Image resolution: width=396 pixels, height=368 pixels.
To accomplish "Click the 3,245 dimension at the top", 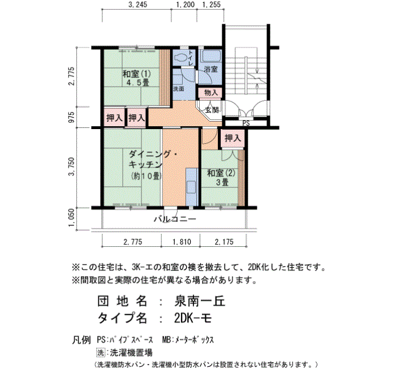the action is point(137,5).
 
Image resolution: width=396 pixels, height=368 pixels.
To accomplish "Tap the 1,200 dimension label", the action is point(186,5).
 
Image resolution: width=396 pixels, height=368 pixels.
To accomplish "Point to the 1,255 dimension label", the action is point(212,5).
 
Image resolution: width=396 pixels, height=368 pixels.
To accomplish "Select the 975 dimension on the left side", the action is point(72,117).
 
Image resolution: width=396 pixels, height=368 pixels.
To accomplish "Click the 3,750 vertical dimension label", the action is point(72,166).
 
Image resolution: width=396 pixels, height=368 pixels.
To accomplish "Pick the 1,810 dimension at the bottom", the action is point(182,242).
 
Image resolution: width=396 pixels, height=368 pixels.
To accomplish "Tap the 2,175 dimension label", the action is point(224,242).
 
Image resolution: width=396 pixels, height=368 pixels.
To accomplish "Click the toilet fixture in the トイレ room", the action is point(181,58).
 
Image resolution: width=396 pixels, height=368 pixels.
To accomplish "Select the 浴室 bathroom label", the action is point(211,69).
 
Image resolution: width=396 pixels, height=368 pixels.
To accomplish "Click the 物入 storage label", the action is point(211,92).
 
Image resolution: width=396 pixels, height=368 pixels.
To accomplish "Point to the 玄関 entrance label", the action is point(212,110).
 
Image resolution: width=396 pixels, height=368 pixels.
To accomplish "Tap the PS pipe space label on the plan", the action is point(246,123).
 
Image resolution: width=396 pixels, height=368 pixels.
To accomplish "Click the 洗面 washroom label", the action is point(179,89).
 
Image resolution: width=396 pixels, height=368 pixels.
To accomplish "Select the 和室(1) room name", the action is point(136,74).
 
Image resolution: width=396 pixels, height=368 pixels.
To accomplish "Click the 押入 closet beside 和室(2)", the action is point(233,138).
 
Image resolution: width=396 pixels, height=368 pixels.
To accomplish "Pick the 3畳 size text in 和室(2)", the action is point(222,182).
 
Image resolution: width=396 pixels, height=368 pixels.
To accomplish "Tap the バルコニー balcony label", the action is point(175,219).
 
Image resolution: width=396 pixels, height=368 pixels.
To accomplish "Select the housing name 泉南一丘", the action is point(200,301).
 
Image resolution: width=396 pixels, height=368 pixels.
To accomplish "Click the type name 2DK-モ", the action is point(193,318).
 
